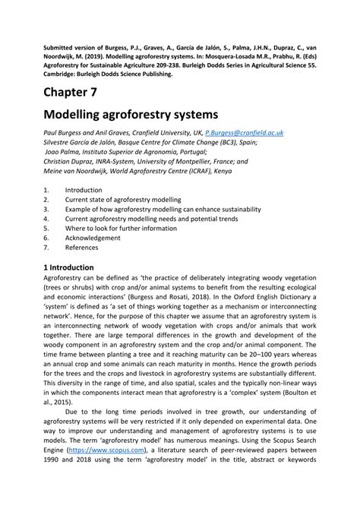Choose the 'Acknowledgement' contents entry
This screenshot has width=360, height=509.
coord(92,237)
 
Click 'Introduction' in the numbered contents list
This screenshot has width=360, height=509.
coord(84,189)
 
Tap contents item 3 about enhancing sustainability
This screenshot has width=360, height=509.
coord(163,208)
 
